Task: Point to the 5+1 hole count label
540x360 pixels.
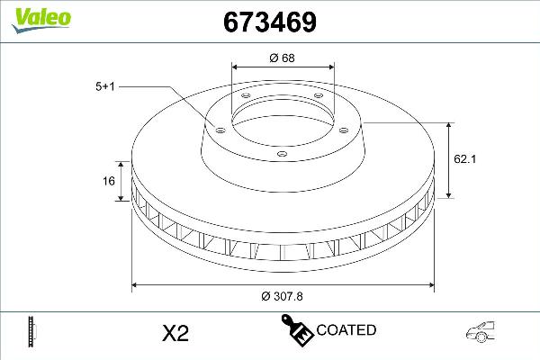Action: pyautogui.click(x=106, y=85)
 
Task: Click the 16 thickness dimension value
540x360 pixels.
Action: pyautogui.click(x=109, y=181)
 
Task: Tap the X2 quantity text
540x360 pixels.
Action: pyautogui.click(x=174, y=333)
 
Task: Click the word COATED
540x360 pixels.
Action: pyautogui.click(x=346, y=330)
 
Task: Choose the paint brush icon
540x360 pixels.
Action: pyautogui.click(x=298, y=330)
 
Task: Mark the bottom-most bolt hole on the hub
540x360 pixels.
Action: pyautogui.click(x=282, y=155)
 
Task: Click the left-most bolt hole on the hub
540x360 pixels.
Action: pyautogui.click(x=218, y=128)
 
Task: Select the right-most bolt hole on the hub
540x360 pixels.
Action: pyautogui.click(x=345, y=128)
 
